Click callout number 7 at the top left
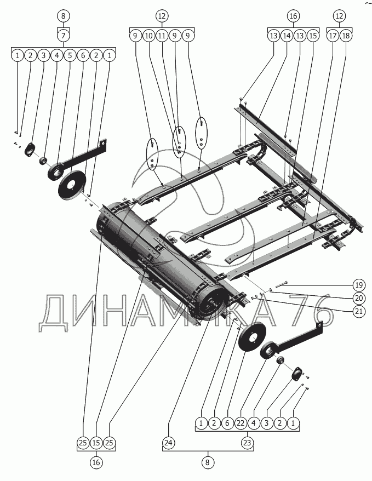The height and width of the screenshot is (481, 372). click(64, 36)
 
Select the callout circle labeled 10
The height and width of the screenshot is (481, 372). click(148, 36)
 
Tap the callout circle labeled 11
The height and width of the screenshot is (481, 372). click(162, 36)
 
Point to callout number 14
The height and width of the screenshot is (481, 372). click(287, 36)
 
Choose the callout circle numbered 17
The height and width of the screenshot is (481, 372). click(333, 36)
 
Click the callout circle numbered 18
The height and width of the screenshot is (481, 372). click(346, 36)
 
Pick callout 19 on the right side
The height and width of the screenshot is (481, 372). click(358, 285)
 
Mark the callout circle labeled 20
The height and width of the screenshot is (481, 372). click(358, 298)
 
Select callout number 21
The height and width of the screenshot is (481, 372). click(358, 311)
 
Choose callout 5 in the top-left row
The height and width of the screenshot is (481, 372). click(70, 55)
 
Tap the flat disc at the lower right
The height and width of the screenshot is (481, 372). click(251, 337)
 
